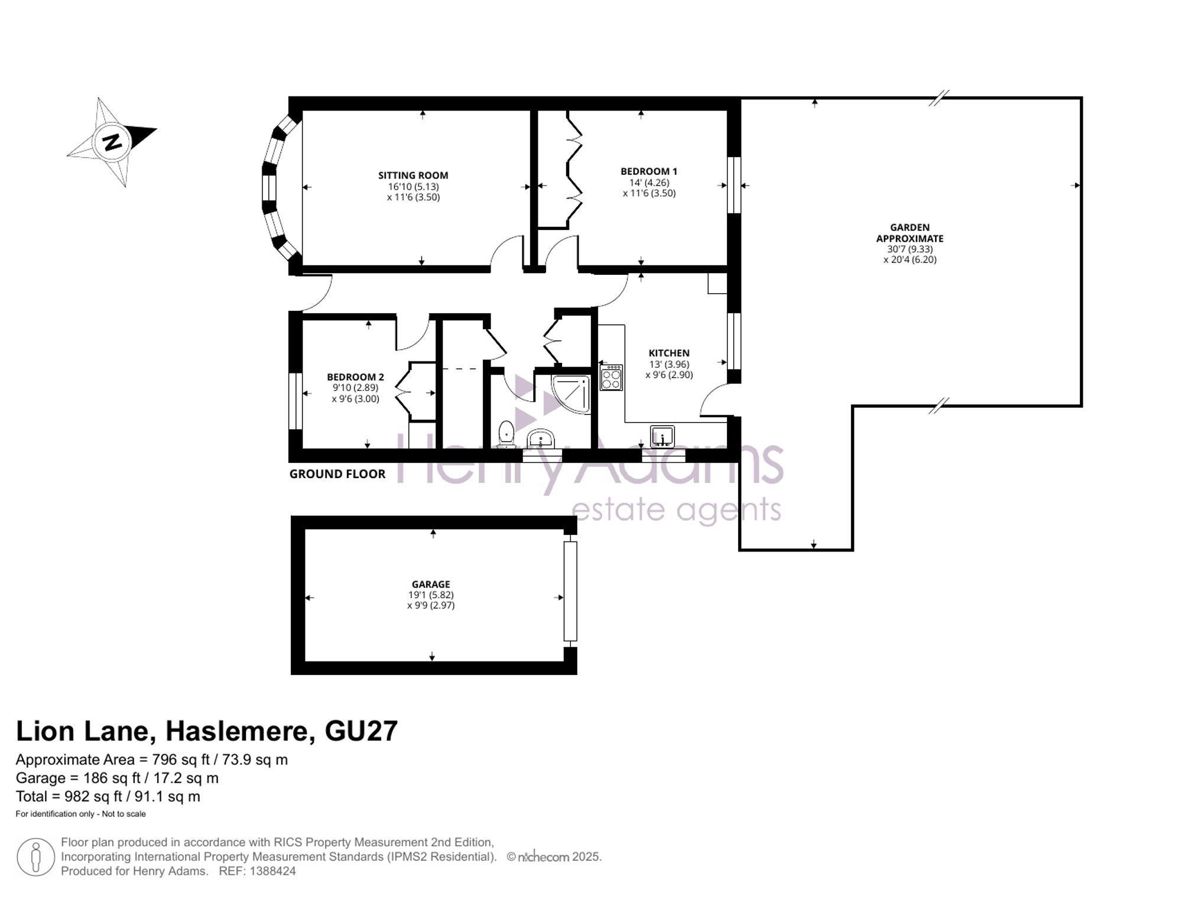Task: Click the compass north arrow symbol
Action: pos(112,142)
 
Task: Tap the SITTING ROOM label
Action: pos(413,176)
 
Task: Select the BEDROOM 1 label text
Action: pos(649,171)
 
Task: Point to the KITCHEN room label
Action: pos(669,353)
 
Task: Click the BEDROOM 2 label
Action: pos(356,377)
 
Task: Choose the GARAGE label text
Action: pos(431,585)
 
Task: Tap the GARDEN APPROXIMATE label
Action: pos(910,233)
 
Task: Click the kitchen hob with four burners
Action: pos(611,377)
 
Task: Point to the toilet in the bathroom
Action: pos(506,433)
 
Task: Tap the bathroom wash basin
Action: pos(541,439)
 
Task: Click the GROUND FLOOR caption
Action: pos(337,474)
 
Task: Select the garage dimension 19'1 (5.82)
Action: pos(431,595)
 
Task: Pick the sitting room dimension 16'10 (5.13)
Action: pos(413,187)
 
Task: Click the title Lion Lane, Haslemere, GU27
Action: pos(207,731)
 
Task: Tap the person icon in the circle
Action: pos(36,858)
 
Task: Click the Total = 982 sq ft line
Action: pos(108,797)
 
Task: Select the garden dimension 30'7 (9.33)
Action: pos(910,249)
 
